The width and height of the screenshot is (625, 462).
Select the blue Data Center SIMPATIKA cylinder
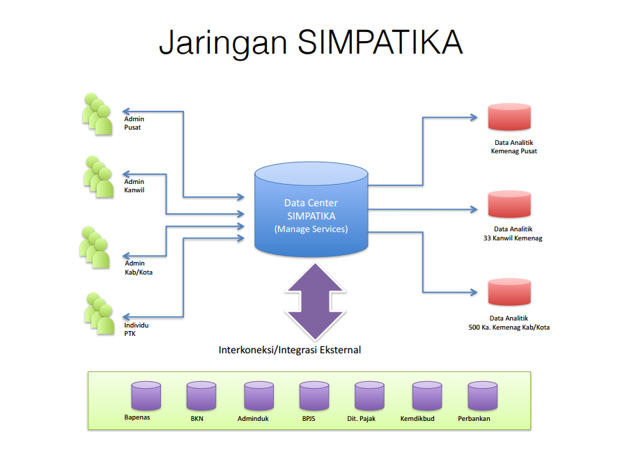[311, 209]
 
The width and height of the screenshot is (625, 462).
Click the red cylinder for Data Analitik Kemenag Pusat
[509, 117]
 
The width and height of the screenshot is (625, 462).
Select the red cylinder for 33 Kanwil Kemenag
[509, 204]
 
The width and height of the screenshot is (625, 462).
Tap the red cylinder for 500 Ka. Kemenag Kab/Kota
[509, 293]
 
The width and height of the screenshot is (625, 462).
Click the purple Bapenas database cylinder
[146, 396]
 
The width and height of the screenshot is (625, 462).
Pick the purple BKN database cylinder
[201, 396]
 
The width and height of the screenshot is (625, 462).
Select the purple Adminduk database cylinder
[259, 396]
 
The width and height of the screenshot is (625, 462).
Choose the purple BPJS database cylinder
[314, 396]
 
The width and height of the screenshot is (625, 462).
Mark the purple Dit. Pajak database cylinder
[369, 396]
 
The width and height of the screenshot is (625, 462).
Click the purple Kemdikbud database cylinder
[426, 396]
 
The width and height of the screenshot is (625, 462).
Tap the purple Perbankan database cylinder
[482, 396]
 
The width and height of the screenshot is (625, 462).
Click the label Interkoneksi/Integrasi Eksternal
[290, 350]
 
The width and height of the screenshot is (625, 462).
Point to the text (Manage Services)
[311, 229]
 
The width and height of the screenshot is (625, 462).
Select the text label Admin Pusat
[134, 123]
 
